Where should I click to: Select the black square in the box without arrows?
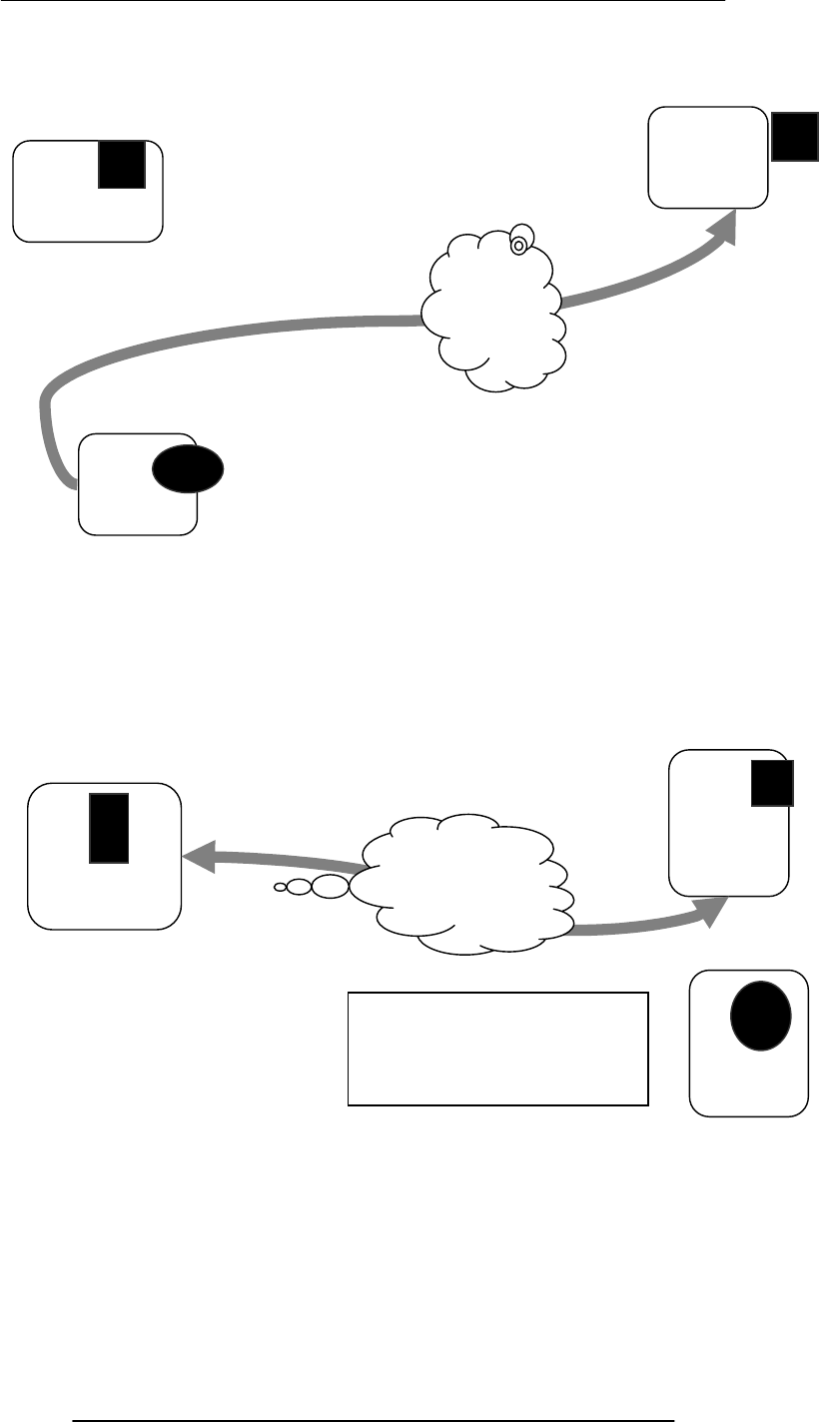point(122,164)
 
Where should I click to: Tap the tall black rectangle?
point(109,828)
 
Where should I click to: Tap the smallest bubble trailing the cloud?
point(280,886)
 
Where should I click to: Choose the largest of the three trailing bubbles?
point(331,886)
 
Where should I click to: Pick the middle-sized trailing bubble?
point(300,886)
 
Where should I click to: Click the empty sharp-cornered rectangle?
point(497,1049)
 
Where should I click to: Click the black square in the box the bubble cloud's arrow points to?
point(772,783)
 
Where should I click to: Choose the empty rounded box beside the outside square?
point(707,157)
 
